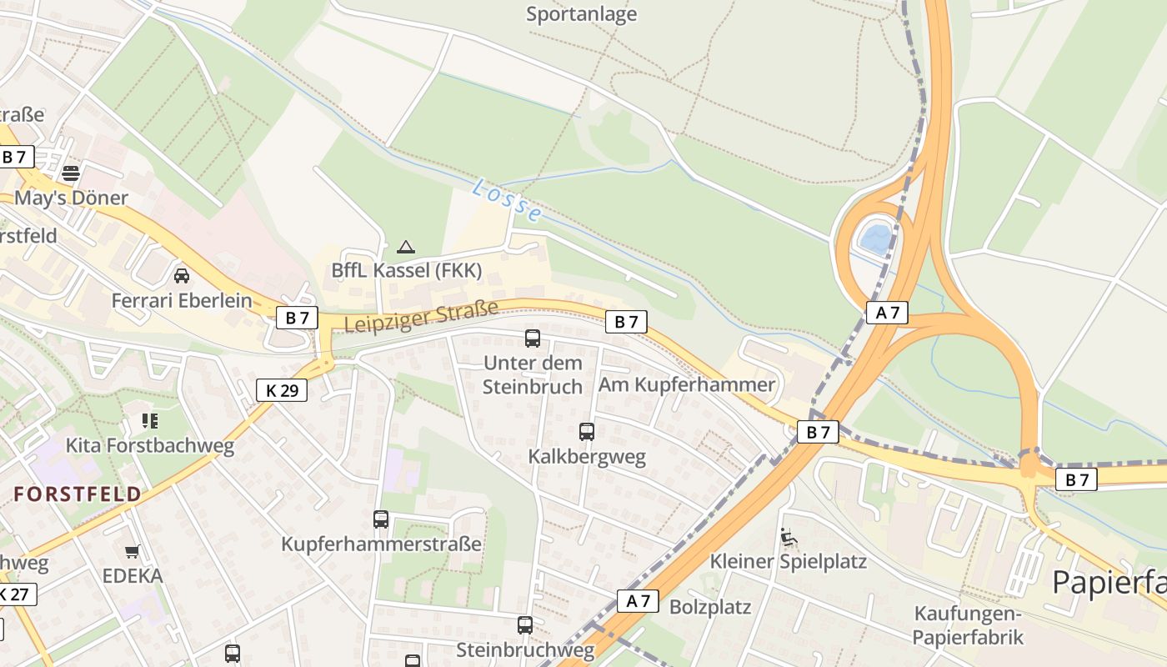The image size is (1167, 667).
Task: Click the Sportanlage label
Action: click(x=582, y=14)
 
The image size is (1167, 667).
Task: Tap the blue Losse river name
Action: click(x=507, y=201)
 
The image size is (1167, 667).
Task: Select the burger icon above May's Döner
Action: click(x=71, y=173)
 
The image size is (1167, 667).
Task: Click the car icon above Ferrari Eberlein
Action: click(x=182, y=275)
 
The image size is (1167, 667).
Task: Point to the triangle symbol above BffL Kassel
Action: click(x=406, y=246)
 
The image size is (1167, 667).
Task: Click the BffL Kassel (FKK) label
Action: click(x=406, y=270)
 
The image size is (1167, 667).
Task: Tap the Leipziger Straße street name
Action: click(x=421, y=317)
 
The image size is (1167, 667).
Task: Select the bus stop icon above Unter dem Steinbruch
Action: click(x=533, y=338)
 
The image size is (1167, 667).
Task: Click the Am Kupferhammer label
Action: click(x=687, y=384)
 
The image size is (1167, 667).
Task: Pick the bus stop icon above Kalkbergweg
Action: click(x=587, y=431)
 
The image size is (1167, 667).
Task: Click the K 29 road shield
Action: click(x=282, y=389)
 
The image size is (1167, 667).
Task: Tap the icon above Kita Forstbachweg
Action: click(x=150, y=420)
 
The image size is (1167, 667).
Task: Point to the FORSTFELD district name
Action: click(x=78, y=494)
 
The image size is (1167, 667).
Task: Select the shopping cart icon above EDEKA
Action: click(x=132, y=551)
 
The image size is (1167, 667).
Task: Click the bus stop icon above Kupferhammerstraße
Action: click(x=381, y=519)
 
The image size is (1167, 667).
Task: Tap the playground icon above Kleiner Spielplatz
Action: click(x=788, y=537)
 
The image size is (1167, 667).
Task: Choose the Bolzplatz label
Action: click(x=710, y=606)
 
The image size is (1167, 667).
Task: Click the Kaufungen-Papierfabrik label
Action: click(x=967, y=625)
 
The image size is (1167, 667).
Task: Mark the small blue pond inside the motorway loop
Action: click(x=876, y=239)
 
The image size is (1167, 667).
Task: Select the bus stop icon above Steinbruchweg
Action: click(x=525, y=624)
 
